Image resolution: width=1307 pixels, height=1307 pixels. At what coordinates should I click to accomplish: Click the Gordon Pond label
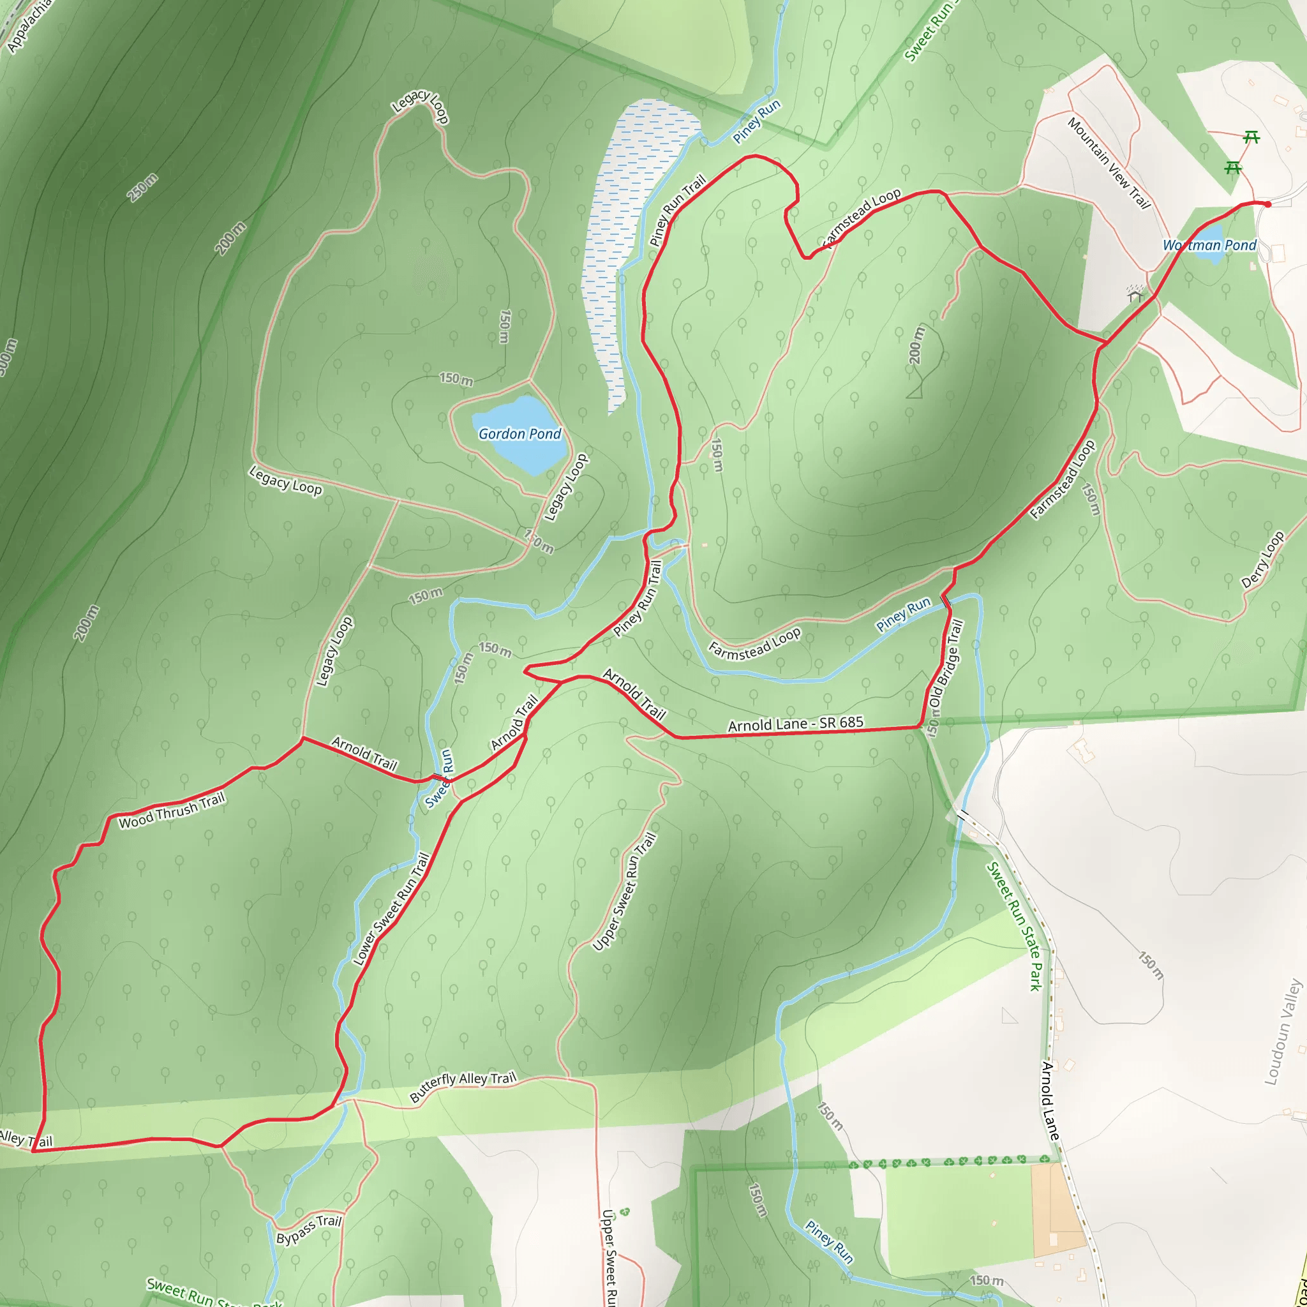coord(519,433)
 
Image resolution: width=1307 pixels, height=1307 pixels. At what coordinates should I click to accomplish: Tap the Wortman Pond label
coord(1209,246)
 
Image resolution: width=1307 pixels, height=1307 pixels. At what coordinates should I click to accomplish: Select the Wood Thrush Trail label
coord(171,811)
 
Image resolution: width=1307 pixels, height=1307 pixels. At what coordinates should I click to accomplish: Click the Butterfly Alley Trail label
coord(463,1087)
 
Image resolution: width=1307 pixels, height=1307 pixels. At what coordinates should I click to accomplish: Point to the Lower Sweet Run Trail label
coord(391,909)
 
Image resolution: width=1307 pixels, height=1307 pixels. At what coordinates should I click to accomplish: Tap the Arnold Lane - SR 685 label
coord(796,724)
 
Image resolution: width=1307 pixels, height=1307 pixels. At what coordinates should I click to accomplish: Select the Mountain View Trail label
coord(1109,162)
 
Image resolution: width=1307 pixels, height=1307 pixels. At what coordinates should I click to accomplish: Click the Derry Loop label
coord(1262,560)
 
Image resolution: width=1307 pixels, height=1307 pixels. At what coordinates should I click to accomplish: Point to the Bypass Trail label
coord(308,1229)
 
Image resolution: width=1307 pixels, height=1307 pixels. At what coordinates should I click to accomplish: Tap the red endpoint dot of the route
coord(1267,204)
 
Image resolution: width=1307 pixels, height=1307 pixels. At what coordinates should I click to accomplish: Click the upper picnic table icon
coord(1251,138)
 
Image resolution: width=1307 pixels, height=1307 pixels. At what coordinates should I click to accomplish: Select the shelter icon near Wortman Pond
coord(1135,294)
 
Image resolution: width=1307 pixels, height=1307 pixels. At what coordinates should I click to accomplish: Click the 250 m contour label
coord(143,188)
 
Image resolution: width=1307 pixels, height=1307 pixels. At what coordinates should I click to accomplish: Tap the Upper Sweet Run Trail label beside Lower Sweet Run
coord(624,892)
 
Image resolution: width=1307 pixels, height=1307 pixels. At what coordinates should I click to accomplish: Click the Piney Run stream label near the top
coord(757,121)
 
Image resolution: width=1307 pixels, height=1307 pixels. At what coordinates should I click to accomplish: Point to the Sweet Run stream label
coord(438,778)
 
